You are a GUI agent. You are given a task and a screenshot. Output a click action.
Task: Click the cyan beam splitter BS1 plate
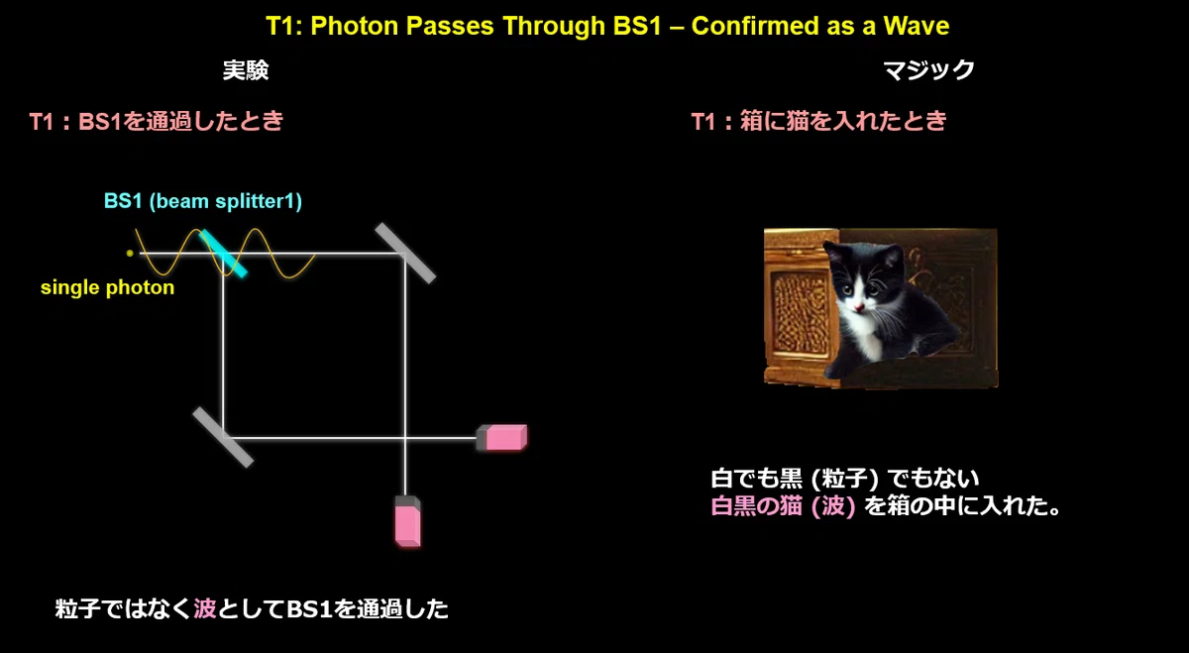(223, 254)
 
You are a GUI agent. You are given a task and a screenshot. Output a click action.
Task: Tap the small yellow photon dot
(130, 254)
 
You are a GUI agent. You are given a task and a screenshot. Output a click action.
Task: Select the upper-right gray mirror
(405, 254)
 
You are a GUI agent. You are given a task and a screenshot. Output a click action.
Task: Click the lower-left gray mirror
(223, 437)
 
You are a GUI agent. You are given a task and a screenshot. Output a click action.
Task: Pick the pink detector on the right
(502, 437)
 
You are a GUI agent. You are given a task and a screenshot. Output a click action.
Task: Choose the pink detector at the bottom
(407, 521)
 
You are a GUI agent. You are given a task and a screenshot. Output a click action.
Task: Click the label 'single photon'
(107, 287)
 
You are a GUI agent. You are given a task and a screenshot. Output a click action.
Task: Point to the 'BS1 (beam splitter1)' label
(203, 201)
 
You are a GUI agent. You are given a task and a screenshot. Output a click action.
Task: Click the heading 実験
(246, 70)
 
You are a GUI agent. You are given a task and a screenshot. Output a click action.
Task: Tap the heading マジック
(928, 70)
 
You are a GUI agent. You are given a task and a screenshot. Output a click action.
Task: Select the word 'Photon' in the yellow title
(355, 26)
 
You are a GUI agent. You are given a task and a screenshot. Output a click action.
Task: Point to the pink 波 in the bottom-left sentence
(205, 608)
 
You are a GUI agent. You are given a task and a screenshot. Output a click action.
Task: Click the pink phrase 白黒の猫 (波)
(783, 506)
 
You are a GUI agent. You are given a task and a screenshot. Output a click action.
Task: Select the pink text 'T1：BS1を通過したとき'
(157, 121)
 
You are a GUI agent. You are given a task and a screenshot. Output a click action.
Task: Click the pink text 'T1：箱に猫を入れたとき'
(819, 121)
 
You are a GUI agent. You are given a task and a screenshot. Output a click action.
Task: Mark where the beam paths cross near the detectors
(405, 437)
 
